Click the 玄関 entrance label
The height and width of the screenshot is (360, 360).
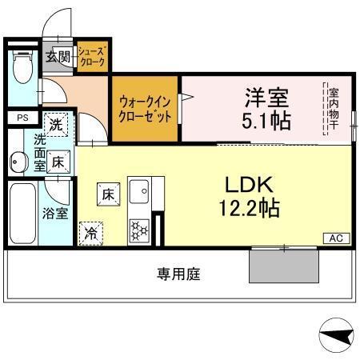tap(58, 56)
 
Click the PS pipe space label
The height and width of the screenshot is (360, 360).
tap(22, 117)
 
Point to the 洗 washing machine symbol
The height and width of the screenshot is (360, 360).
tap(55, 125)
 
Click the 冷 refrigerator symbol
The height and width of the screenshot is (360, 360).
tap(90, 234)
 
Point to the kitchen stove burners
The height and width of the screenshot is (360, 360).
tap(139, 230)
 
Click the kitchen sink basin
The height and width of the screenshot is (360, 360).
tap(140, 193)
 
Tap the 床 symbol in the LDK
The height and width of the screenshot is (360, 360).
tap(108, 194)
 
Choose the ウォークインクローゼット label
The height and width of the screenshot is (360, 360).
tap(144, 108)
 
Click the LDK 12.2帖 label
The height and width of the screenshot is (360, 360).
tap(250, 196)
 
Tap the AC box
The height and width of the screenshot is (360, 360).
tap(335, 238)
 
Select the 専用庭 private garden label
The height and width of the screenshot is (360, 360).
tap(178, 274)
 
